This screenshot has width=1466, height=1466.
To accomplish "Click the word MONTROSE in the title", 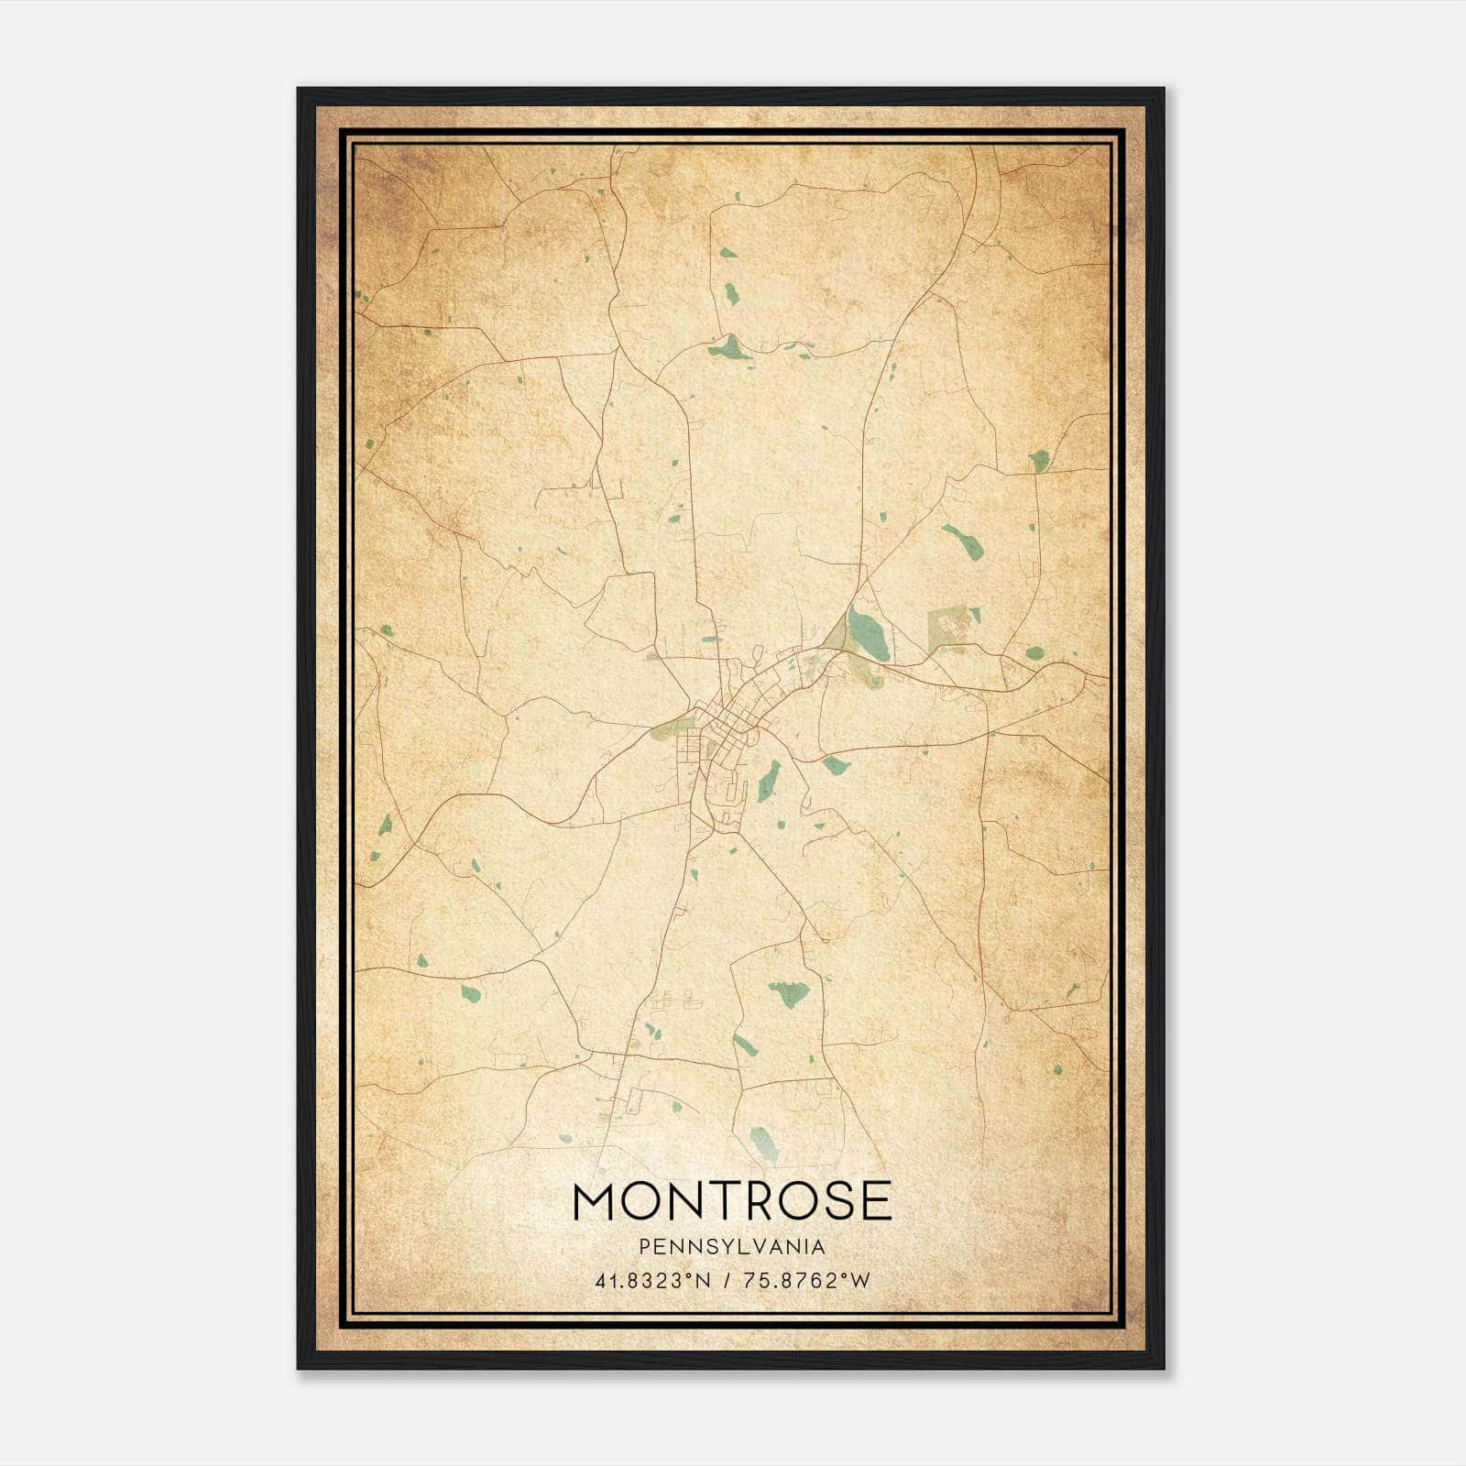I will tap(732, 1200).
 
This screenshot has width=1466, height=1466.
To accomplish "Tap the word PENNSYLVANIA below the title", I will tap(732, 1247).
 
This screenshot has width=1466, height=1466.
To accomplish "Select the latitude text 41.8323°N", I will tap(652, 1281).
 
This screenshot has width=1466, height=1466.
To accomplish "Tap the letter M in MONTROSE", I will tap(596, 1200).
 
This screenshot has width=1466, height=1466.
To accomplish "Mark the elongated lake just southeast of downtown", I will tap(769, 781).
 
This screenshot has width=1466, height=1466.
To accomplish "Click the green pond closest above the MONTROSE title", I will tap(762, 1143).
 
